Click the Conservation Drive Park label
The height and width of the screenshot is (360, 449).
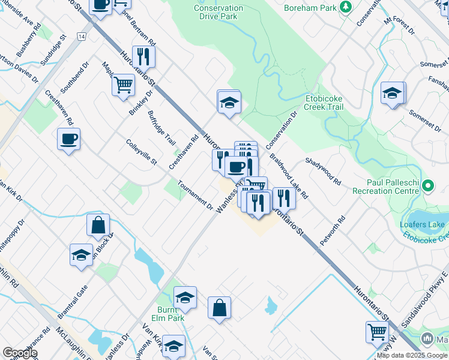click(219, 13)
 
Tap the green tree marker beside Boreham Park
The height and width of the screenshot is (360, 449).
click(345, 7)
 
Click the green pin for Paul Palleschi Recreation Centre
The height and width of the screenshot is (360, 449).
click(427, 187)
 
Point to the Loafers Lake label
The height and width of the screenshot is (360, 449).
click(423, 225)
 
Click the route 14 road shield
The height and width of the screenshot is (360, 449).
click(81, 37)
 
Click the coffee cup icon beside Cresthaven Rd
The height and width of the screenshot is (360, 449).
click(68, 139)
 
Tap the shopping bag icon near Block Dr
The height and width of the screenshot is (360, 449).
click(98, 226)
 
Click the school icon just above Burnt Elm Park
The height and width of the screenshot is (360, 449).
click(185, 297)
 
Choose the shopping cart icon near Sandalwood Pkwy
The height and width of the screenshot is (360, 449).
click(377, 331)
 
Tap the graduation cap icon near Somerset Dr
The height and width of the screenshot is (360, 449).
click(392, 93)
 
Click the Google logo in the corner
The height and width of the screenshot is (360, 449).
click(20, 353)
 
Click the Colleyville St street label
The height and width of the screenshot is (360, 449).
click(141, 154)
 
